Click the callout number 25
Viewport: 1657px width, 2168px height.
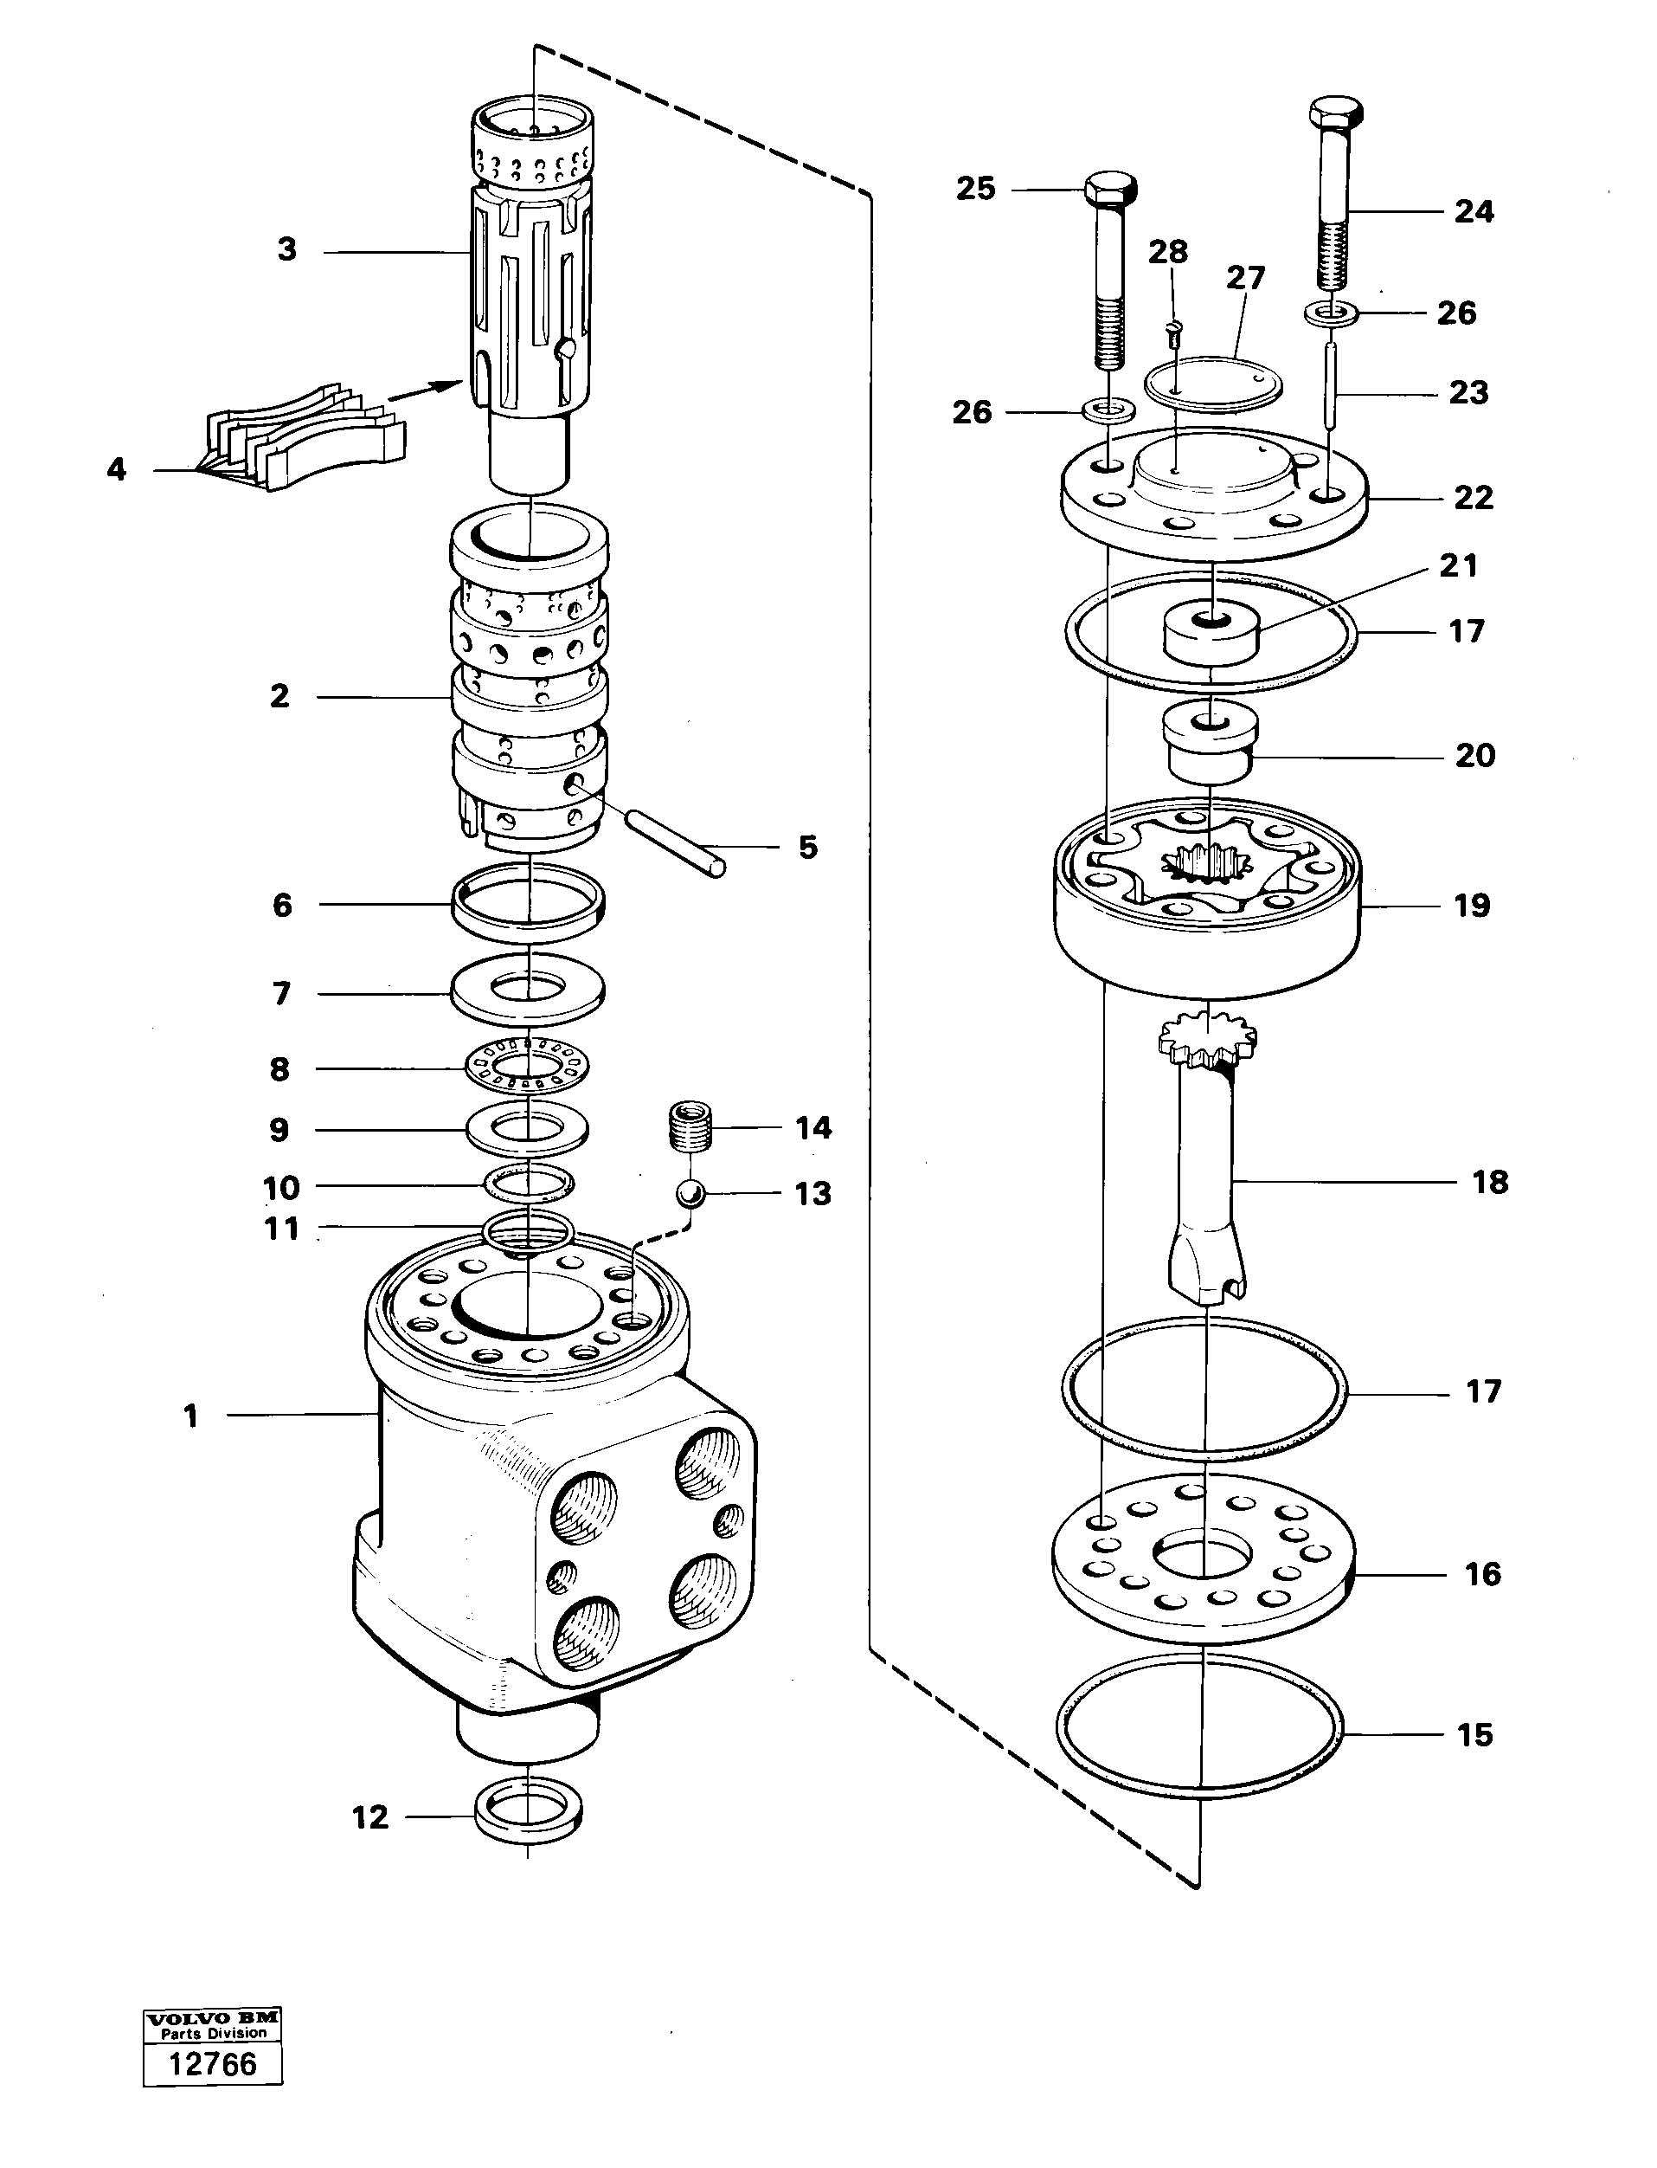975,189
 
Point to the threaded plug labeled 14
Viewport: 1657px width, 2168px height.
690,1128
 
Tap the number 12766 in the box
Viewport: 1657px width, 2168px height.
212,2063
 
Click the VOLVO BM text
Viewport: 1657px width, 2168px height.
212,2018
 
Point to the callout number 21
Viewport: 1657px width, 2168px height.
1458,565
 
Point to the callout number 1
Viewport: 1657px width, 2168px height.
190,1416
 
